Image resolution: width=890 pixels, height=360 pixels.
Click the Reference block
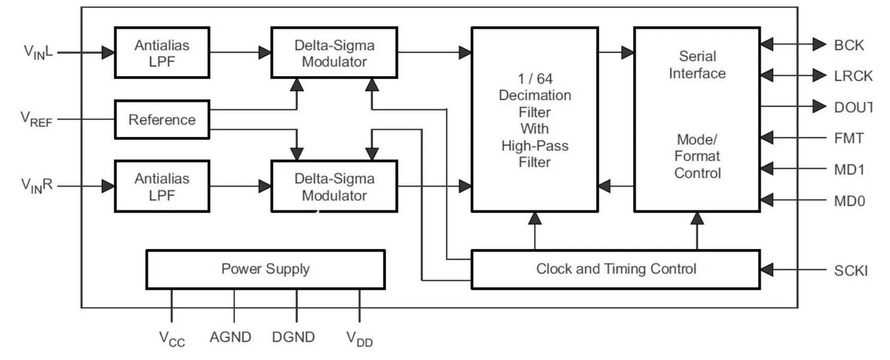click(x=162, y=120)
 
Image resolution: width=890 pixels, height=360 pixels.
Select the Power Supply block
click(x=265, y=269)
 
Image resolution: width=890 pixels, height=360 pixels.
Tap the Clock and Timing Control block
click(x=616, y=269)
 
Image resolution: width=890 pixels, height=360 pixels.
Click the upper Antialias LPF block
click(x=162, y=53)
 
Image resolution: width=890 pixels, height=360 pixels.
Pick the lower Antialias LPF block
click(x=162, y=186)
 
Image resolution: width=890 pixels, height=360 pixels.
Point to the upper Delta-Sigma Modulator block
click(x=334, y=53)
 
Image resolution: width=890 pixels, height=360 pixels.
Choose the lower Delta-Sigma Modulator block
click(x=334, y=186)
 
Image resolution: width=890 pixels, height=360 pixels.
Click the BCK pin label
click(x=849, y=45)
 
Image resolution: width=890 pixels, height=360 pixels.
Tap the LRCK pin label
click(x=853, y=76)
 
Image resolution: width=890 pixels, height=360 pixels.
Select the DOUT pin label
click(x=852, y=107)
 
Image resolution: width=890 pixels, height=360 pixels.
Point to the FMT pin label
click(x=849, y=138)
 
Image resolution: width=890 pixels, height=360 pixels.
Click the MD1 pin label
click(x=849, y=170)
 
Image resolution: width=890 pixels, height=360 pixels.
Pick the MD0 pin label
click(x=849, y=201)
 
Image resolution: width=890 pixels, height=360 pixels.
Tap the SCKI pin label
click(x=850, y=270)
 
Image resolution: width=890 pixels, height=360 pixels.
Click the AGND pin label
click(x=230, y=337)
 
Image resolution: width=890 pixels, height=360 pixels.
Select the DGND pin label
click(x=293, y=337)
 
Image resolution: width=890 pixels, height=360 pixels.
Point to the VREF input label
click(x=37, y=119)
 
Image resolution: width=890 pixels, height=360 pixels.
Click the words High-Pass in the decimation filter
click(x=535, y=146)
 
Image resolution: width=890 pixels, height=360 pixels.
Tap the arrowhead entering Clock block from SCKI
click(x=767, y=270)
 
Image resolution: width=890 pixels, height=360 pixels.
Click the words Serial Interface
click(x=697, y=65)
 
